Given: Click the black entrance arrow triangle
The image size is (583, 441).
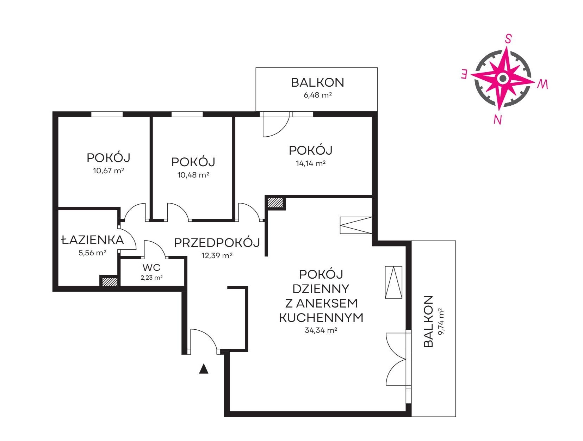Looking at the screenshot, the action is pyautogui.click(x=204, y=369).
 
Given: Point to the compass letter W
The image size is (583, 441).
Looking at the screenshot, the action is pyautogui.click(x=542, y=85).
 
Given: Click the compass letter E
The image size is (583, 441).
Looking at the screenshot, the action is pyautogui.click(x=464, y=74).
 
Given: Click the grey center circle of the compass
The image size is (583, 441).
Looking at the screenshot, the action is pyautogui.click(x=503, y=78).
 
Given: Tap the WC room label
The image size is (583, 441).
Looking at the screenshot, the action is pyautogui.click(x=151, y=267).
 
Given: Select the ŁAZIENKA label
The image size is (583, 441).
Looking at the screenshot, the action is pyautogui.click(x=93, y=240).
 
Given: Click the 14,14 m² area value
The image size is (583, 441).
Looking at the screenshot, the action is pyautogui.click(x=310, y=163).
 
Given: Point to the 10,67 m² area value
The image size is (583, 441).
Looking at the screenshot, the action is pyautogui.click(x=108, y=170).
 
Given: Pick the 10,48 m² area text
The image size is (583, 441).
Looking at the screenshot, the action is pyautogui.click(x=193, y=175).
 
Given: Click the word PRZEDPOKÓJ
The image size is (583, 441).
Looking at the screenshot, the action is pyautogui.click(x=217, y=242).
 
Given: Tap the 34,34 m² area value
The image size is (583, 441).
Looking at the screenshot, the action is pyautogui.click(x=321, y=330).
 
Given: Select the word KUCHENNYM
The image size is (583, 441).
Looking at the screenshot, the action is pyautogui.click(x=321, y=318).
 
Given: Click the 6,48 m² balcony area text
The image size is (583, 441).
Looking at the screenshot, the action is pyautogui.click(x=318, y=95).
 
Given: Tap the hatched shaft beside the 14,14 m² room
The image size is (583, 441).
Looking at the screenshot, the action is pyautogui.click(x=275, y=203).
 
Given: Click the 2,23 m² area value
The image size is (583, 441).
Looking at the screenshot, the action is pyautogui.click(x=151, y=278).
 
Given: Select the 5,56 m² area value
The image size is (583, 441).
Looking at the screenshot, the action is pyautogui.click(x=92, y=253).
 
